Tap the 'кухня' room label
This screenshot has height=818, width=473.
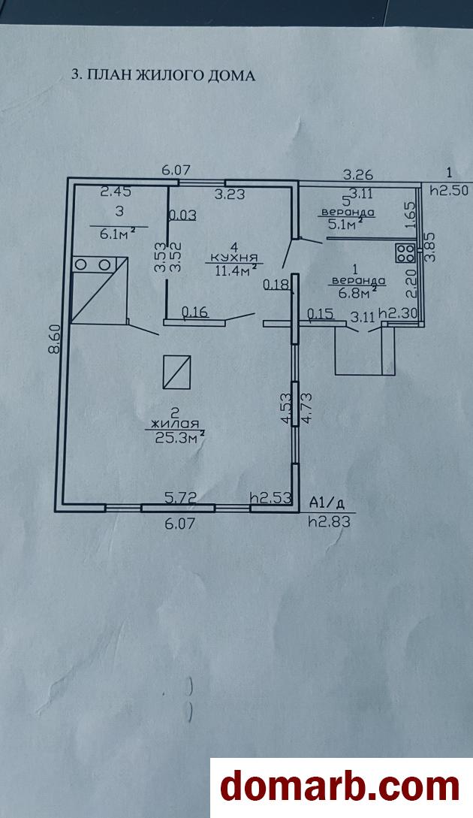pos(233,258)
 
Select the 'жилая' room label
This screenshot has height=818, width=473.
pos(173,423)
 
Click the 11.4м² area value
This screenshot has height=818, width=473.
pos(236,270)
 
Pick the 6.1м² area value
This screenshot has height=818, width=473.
pos(118,234)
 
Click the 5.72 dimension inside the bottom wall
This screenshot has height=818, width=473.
pos(180,497)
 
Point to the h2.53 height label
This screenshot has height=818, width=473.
pos(270,497)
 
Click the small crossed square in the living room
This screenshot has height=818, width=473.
pos(177,371)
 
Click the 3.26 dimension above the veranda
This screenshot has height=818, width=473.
pos(358,175)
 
